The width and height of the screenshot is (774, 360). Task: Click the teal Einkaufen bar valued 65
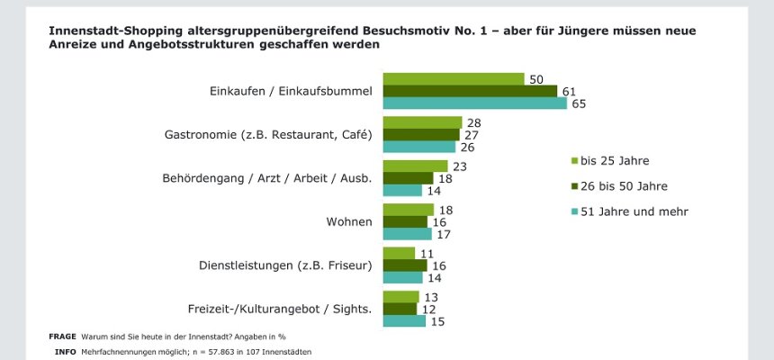pos(475,103)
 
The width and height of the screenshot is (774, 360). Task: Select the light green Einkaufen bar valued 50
pos(454,79)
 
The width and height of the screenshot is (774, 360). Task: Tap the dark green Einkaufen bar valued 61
pos(470,91)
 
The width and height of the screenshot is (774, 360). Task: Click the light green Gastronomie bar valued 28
pos(422,122)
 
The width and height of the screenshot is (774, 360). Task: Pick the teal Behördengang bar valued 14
pos(402,190)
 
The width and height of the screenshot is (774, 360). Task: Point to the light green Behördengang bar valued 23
pos(415,166)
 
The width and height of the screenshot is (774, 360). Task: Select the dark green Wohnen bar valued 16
pos(405,221)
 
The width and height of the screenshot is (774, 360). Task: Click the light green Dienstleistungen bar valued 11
pos(399,253)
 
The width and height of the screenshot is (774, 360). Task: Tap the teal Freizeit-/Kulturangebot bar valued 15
pos(404,321)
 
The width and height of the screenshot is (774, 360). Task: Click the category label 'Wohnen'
pos(348,221)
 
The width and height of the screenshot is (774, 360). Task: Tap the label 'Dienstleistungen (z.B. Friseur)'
pos(285,265)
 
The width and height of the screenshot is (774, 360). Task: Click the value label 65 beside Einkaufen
pos(579,104)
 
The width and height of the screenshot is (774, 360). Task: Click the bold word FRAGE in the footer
pos(62,337)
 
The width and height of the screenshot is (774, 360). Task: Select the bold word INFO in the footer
pos(65,351)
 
